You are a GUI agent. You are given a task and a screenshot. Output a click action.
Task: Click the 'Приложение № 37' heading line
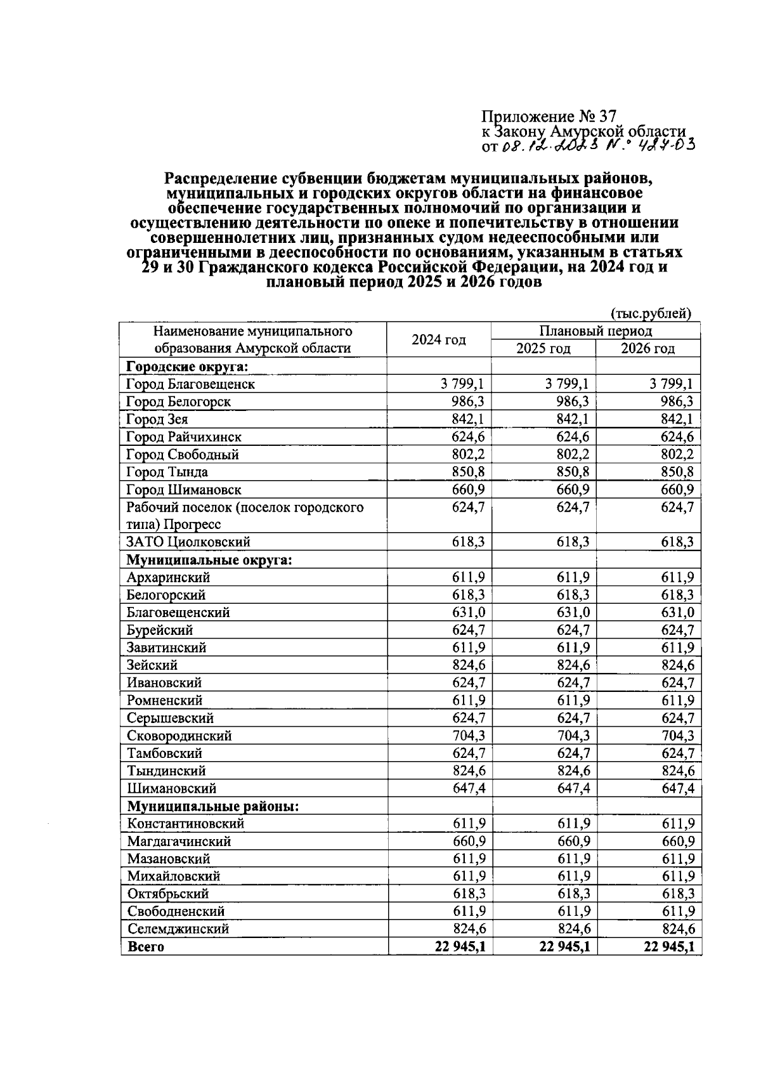(549, 117)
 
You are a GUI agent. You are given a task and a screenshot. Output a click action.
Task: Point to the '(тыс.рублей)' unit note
(650, 313)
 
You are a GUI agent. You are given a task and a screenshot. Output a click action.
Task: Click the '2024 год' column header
(438, 339)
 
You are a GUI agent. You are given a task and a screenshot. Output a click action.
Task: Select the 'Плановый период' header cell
(595, 331)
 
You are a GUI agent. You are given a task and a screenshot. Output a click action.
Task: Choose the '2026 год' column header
(647, 348)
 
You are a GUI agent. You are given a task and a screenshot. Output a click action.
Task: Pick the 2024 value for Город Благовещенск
(462, 384)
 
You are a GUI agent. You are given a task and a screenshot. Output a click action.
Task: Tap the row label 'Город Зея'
(157, 419)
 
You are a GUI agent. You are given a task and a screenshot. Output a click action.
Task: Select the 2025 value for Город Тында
(568, 472)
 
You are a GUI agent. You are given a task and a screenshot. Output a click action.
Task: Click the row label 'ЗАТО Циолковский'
(188, 542)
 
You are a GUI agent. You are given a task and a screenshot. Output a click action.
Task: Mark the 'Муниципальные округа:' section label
(209, 560)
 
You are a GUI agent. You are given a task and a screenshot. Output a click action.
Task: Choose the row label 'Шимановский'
(171, 788)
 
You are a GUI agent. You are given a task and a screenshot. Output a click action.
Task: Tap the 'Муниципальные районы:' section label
(213, 806)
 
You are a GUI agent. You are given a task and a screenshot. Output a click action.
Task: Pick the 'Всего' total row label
(145, 947)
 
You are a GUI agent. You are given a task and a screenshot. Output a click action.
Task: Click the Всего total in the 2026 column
(668, 947)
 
